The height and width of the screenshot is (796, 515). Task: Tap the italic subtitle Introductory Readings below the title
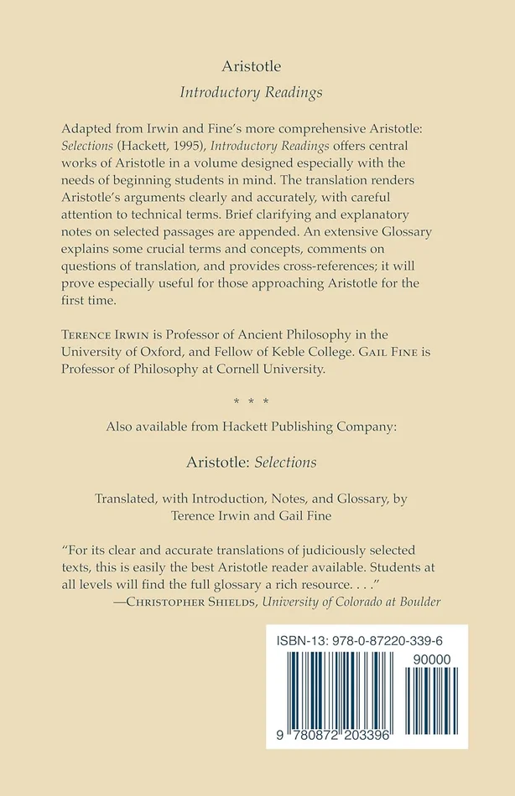(x=257, y=93)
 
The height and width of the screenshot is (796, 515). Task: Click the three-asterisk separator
(x=257, y=400)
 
